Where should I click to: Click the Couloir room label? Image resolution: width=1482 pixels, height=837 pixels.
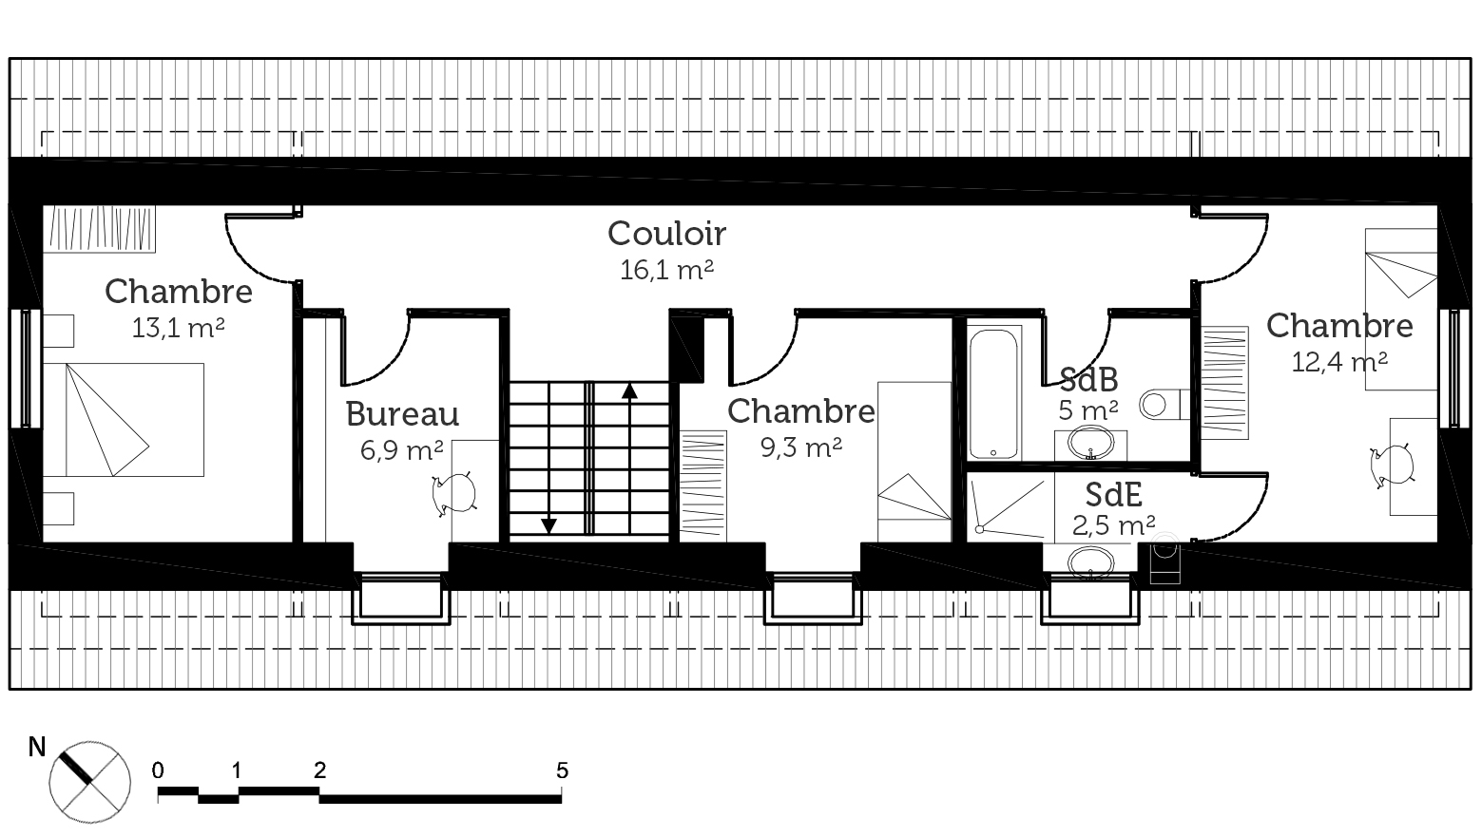click(x=667, y=234)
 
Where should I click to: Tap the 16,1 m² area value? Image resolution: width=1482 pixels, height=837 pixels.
click(x=667, y=270)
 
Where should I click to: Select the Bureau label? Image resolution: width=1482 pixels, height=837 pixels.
click(x=402, y=414)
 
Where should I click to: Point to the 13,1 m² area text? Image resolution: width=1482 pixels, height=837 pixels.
click(x=178, y=327)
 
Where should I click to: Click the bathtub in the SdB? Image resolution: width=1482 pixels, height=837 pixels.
click(x=993, y=393)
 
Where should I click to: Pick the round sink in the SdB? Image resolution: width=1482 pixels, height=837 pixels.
click(x=1091, y=442)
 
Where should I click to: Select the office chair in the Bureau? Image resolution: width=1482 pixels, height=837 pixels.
click(x=453, y=493)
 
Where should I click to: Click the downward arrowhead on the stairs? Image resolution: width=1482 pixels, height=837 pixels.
click(x=549, y=525)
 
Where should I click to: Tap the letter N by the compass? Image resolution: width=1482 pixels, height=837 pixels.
click(x=37, y=747)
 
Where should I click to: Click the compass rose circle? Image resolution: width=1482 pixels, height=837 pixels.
click(x=90, y=782)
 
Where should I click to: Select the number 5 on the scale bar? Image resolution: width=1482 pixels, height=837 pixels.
click(x=563, y=770)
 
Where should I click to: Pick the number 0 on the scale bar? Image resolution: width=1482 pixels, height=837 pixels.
click(x=158, y=770)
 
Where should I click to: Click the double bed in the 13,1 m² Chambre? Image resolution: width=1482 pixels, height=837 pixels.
click(x=124, y=419)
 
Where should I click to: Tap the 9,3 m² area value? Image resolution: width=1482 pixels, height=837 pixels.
click(x=800, y=447)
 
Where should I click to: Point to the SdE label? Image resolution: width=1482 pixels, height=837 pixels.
click(x=1113, y=495)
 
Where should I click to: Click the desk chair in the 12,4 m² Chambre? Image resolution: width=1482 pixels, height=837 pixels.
click(x=1394, y=466)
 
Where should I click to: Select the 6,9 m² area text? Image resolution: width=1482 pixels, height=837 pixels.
click(x=401, y=450)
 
